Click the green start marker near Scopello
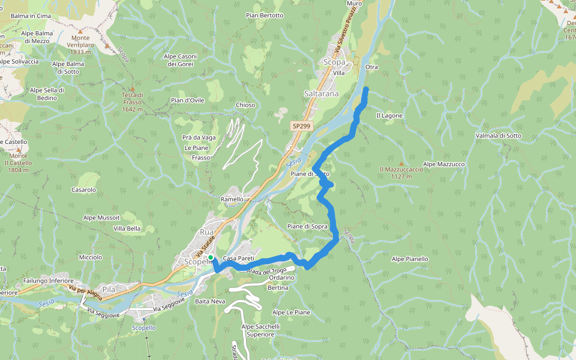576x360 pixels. [x=211, y=257]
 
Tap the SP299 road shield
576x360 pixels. [x=301, y=126]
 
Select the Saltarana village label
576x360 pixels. [x=321, y=94]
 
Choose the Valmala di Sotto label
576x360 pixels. [x=498, y=136]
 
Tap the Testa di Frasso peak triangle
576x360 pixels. [x=132, y=89]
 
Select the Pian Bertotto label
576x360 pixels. [x=264, y=15]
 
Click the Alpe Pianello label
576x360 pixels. [x=410, y=259]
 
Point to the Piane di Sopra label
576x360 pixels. [x=307, y=226]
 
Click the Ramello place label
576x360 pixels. [x=232, y=199]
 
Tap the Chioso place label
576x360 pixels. [x=245, y=105]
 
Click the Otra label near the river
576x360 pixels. [x=371, y=67]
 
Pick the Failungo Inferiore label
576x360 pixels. [x=48, y=281]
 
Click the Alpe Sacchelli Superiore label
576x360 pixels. [x=260, y=330]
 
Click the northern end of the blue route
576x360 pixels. [x=366, y=89]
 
